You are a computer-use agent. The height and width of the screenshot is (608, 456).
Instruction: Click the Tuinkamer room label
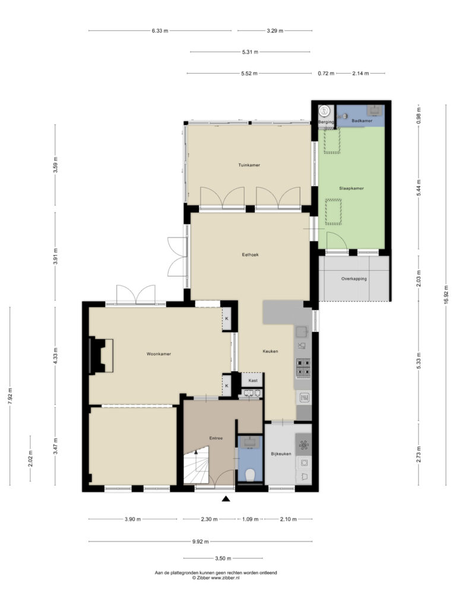(x=249, y=165)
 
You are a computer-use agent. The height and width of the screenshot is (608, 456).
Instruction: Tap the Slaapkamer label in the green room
(x=351, y=188)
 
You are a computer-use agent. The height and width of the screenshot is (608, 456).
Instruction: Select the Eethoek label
(x=250, y=255)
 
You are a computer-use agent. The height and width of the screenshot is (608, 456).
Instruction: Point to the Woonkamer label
(x=159, y=354)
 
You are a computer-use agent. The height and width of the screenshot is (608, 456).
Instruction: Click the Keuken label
(x=270, y=351)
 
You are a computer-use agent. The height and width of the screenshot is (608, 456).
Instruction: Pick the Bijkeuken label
(x=281, y=454)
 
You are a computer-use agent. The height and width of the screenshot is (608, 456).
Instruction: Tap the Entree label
(x=216, y=438)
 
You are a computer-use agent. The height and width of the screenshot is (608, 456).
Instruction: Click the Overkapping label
(x=354, y=279)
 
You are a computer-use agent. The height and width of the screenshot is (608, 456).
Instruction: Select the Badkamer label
(x=362, y=121)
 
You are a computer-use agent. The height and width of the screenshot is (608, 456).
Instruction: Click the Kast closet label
(x=253, y=381)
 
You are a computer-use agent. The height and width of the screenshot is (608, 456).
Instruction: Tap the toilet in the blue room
(x=250, y=474)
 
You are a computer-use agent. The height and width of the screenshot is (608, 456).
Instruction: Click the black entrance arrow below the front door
(x=226, y=499)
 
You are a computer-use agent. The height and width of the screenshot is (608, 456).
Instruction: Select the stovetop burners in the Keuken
(x=303, y=368)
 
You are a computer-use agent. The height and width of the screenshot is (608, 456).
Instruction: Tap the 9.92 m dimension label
(x=201, y=541)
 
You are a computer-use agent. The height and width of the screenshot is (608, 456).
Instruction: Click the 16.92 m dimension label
(x=446, y=296)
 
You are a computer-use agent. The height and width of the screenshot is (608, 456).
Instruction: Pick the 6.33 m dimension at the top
(x=160, y=31)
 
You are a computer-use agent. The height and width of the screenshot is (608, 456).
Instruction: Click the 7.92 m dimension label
(x=10, y=396)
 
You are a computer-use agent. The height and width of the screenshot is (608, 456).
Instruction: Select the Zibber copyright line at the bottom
(x=216, y=578)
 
